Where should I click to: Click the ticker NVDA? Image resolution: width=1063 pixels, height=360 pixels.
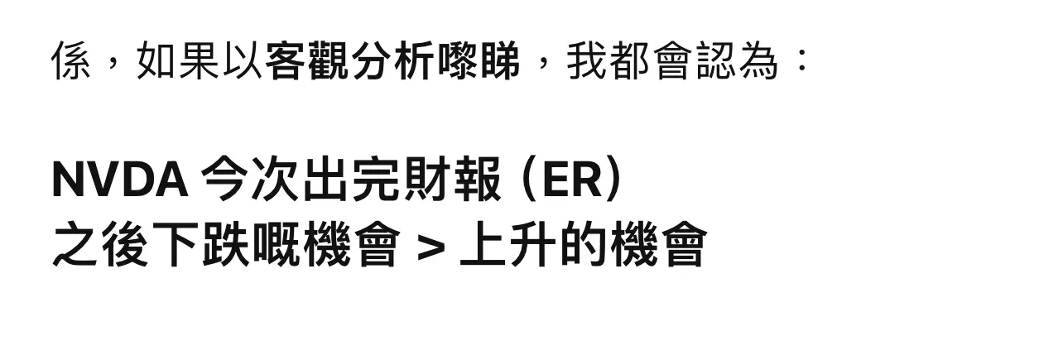point(119,180)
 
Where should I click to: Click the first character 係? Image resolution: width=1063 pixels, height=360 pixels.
point(71,60)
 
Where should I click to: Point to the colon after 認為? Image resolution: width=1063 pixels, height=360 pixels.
point(801,60)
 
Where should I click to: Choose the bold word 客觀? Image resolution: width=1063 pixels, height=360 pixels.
point(306,60)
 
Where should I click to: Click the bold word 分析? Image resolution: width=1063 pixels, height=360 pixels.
point(392,60)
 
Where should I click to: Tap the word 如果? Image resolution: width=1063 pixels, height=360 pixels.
point(177,60)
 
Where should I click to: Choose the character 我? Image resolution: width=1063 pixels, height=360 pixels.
point(586,60)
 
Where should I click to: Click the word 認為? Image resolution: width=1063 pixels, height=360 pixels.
point(737,60)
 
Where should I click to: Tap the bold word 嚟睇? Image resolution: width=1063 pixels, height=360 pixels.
point(478,60)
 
